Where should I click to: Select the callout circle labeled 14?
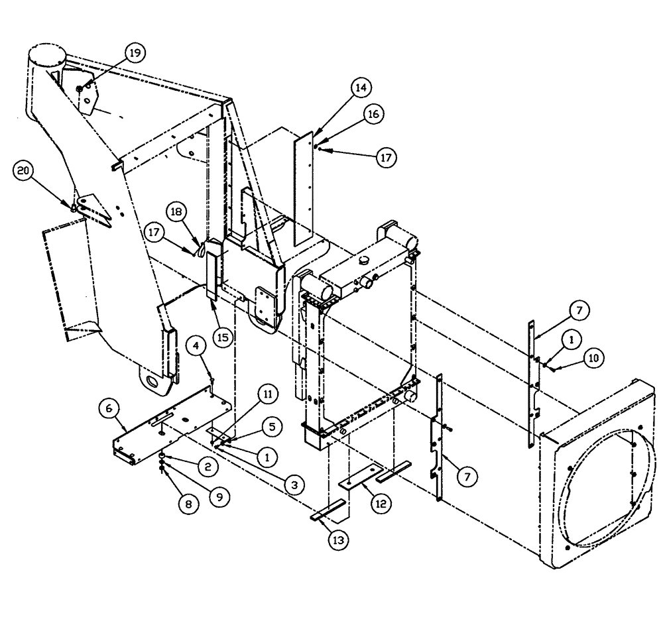click(362, 87)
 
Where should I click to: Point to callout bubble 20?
click(23, 172)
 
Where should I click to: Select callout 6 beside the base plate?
click(109, 408)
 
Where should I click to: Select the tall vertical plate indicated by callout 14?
click(304, 186)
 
